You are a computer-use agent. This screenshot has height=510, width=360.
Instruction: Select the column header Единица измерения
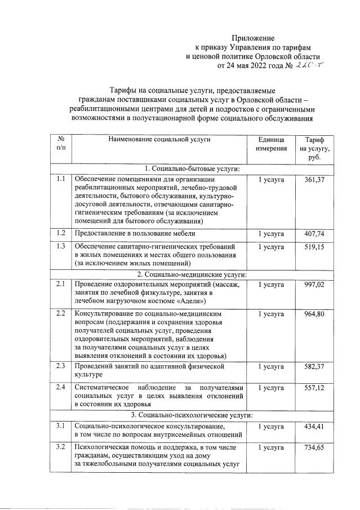click(x=271, y=143)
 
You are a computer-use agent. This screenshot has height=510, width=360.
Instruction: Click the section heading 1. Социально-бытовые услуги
click(x=193, y=168)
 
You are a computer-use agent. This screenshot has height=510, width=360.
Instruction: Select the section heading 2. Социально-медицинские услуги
click(x=193, y=274)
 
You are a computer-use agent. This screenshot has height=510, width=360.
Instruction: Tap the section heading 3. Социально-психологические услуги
click(x=193, y=415)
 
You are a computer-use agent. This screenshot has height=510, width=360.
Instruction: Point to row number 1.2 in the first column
click(x=61, y=233)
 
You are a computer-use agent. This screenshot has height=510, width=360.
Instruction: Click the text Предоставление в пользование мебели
click(x=135, y=233)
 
